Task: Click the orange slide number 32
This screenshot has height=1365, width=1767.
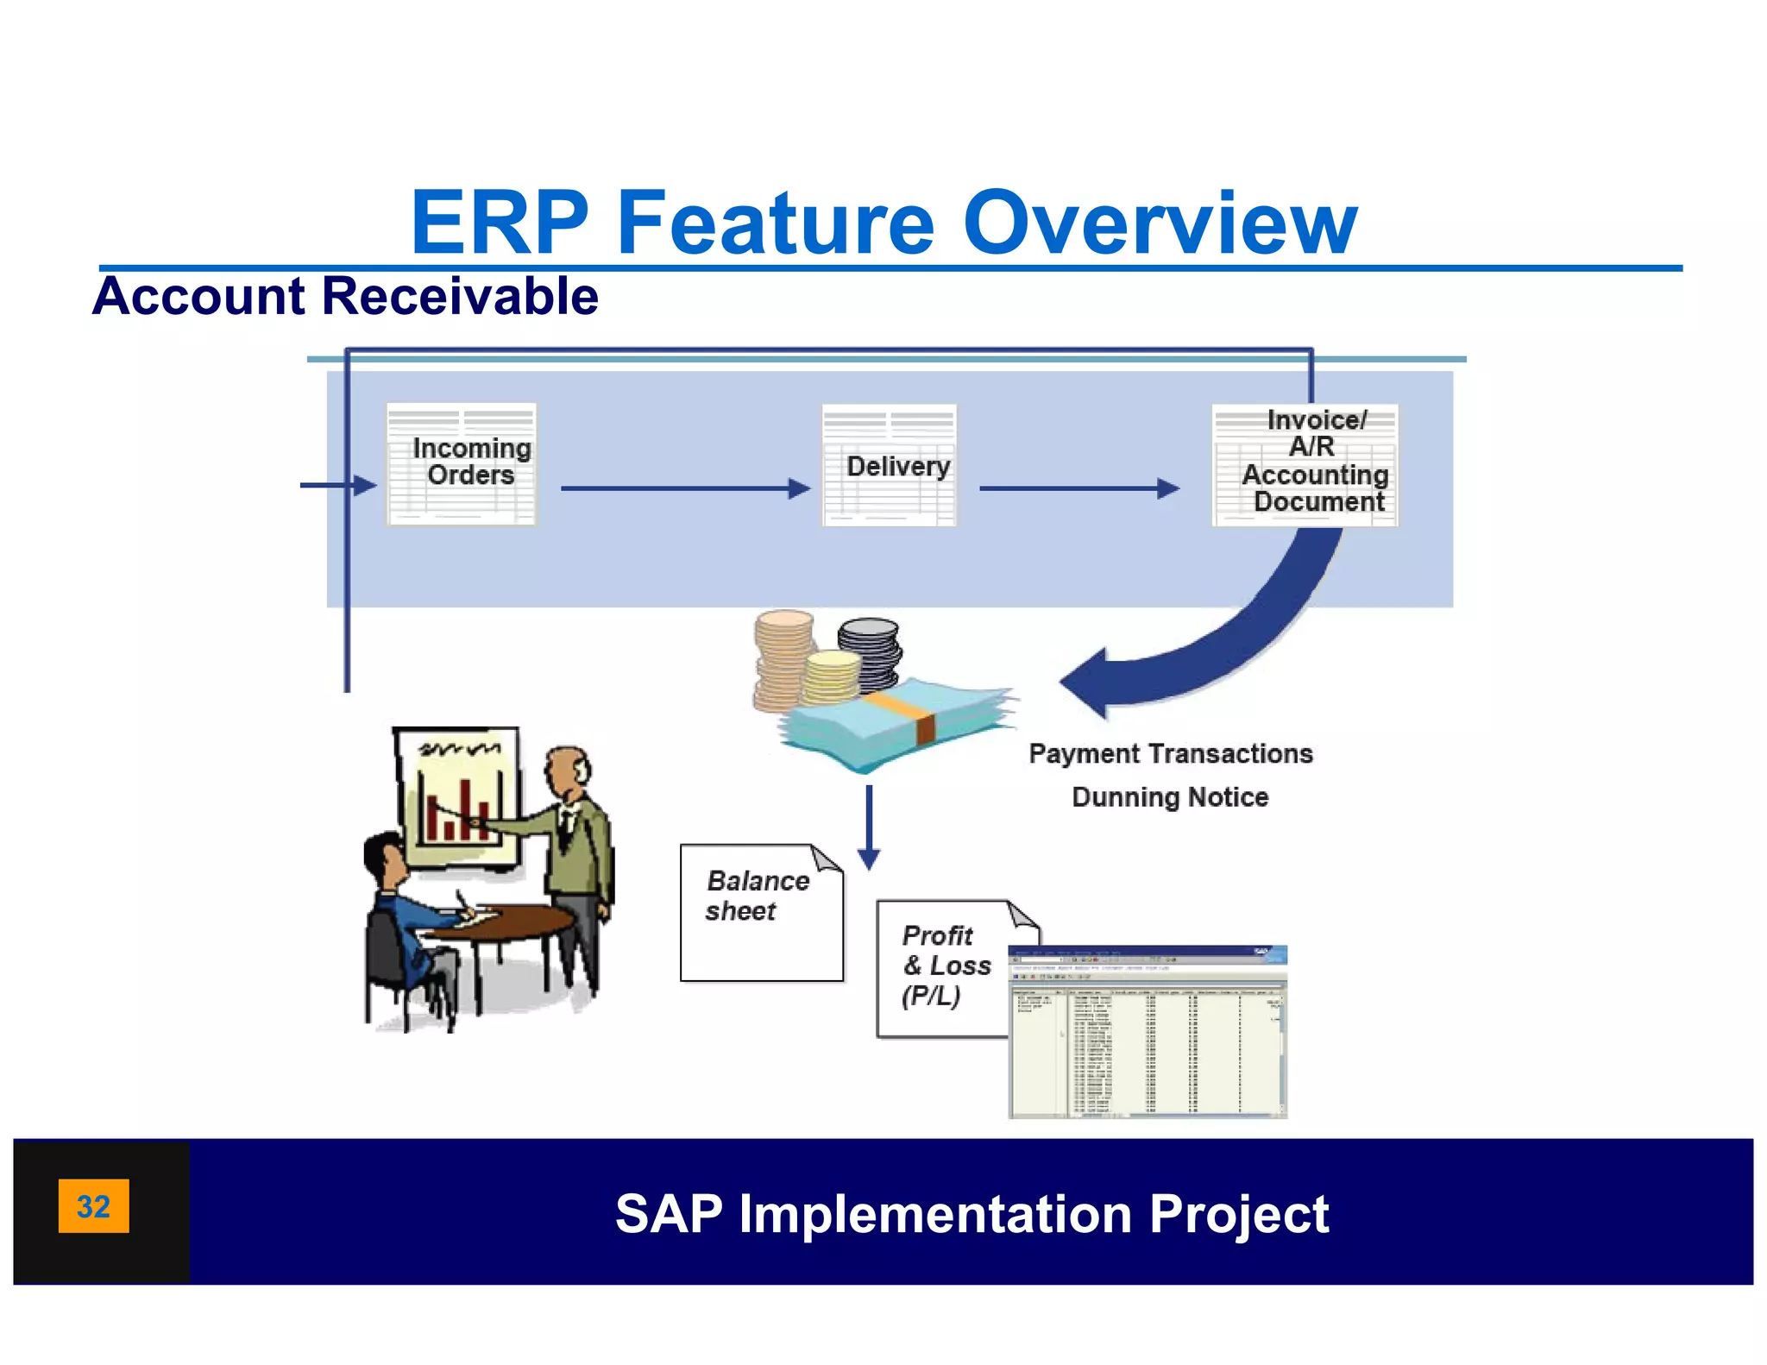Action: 93,1205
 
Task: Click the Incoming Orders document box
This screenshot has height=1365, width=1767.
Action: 462,464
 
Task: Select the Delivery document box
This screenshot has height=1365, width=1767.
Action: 890,465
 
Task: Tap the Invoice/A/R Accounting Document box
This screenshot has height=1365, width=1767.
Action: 1305,464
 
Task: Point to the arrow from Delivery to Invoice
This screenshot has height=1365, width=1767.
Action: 1078,488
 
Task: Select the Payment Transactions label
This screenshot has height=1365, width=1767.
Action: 1170,753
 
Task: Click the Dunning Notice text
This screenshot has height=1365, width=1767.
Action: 1170,796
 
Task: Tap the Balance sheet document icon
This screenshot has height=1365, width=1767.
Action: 761,912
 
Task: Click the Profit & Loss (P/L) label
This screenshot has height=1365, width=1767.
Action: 944,966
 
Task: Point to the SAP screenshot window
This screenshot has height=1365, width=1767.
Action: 1148,1032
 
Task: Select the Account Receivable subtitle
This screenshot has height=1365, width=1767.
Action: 345,296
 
